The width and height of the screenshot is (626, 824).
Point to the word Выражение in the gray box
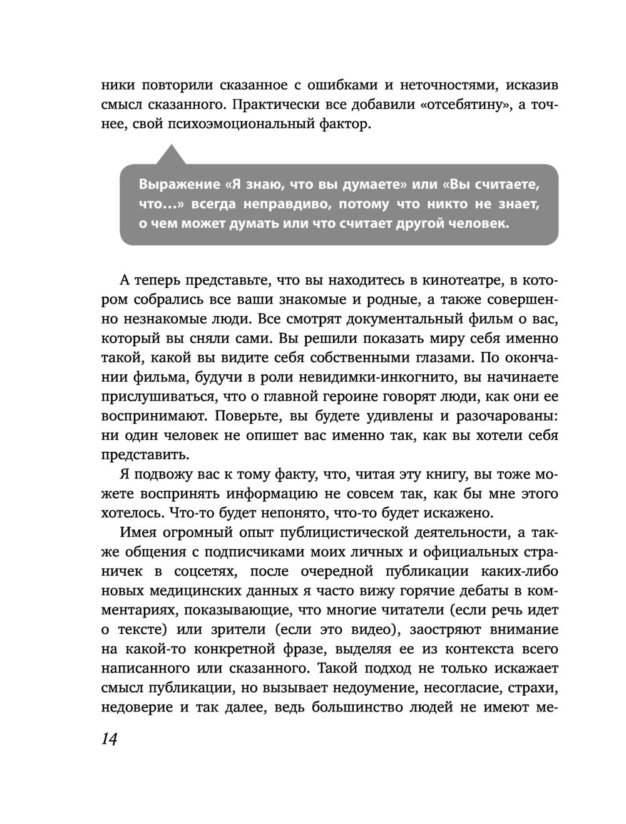coord(178,185)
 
